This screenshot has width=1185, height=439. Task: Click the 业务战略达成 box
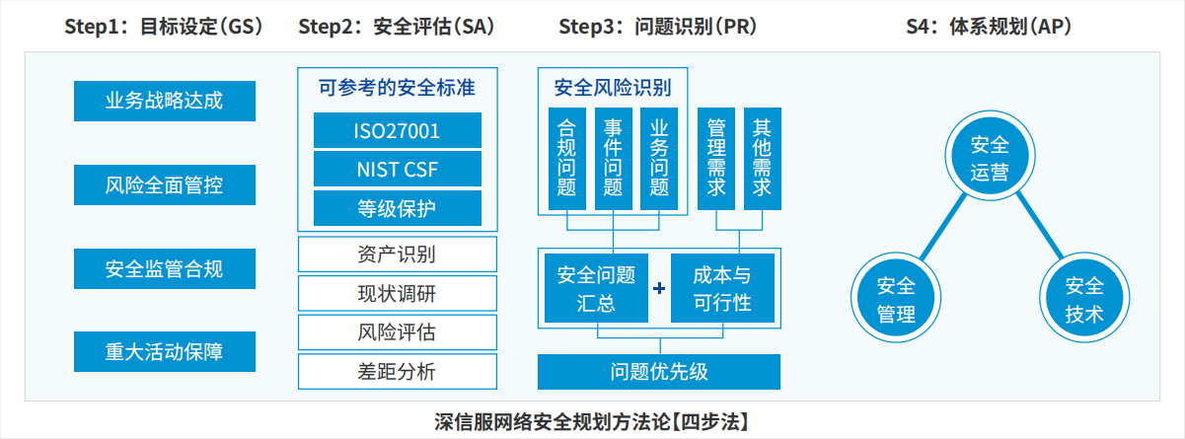tap(165, 101)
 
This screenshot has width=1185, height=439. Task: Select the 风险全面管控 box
tap(165, 184)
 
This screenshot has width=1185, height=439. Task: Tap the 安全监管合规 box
tap(165, 268)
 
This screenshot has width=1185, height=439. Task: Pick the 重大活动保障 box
tap(165, 352)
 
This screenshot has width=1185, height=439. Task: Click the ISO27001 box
tap(398, 130)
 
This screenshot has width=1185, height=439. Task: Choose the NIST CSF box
tap(398, 170)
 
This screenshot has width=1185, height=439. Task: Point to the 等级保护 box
tap(398, 208)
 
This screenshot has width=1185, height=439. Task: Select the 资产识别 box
tap(398, 255)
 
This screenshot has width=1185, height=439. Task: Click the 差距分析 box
tap(398, 371)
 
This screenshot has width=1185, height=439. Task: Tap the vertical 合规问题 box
tap(567, 159)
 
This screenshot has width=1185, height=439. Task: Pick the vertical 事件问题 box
tap(613, 159)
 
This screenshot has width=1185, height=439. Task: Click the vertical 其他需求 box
tap(763, 159)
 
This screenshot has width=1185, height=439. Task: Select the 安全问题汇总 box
tap(596, 288)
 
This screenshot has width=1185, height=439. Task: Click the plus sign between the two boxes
tap(659, 288)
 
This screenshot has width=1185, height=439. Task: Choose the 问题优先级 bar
tap(659, 372)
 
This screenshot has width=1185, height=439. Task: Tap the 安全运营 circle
tap(990, 156)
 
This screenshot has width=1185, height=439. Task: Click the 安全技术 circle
tap(1084, 298)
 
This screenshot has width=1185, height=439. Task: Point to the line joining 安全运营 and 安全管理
tap(944, 227)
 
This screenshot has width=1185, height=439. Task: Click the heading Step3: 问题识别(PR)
tap(657, 27)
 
